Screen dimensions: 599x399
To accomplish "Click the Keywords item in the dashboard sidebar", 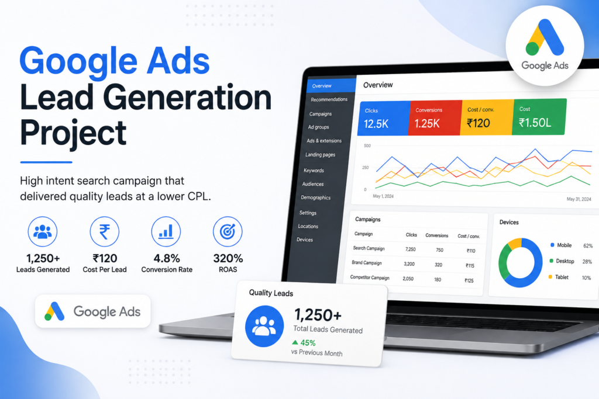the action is (314, 171).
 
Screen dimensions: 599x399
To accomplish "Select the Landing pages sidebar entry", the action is (320, 154).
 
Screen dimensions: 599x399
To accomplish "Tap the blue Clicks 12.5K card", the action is (384, 118).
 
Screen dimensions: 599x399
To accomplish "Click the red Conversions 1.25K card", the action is (435, 117).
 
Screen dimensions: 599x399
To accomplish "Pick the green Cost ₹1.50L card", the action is (539, 117).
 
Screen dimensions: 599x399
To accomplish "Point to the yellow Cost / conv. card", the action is (487, 117).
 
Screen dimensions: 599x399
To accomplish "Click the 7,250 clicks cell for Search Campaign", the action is (410, 249).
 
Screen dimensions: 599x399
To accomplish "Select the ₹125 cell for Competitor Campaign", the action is (469, 280).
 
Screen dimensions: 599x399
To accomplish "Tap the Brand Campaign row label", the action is (367, 263).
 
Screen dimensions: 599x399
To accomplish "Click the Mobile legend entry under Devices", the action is (561, 245).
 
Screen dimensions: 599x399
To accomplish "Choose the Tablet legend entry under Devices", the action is (559, 277).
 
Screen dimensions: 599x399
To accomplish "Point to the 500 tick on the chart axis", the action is (367, 145).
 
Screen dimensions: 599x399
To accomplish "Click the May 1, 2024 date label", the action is (383, 196).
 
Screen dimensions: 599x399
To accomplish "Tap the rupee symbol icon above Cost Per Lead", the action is (104, 231).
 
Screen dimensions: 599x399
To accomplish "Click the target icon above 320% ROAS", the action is (228, 231).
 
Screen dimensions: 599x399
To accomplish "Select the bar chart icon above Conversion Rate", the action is (166, 231).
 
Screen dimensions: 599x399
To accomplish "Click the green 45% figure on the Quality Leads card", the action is (308, 342).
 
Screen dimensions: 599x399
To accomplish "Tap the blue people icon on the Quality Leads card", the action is (264, 326).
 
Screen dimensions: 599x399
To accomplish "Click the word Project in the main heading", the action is (73, 134).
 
